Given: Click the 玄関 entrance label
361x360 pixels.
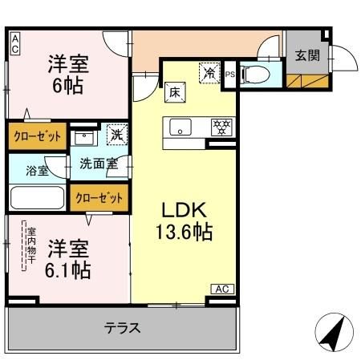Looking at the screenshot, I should click(306, 55).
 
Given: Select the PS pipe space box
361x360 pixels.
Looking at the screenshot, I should click(230, 75).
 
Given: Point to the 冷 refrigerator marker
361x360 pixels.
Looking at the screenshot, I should click(209, 72).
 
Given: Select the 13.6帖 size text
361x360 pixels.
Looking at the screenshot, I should click(184, 233).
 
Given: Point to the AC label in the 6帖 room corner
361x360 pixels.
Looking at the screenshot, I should click(15, 43).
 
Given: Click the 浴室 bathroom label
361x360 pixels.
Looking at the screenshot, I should click(37, 171).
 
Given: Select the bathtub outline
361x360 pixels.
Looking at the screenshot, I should click(38, 197).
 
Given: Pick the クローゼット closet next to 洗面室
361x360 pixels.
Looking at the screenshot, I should click(99, 197).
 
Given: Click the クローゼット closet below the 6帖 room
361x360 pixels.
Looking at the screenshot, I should click(36, 137).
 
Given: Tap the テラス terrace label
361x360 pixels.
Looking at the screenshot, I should click(122, 327).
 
